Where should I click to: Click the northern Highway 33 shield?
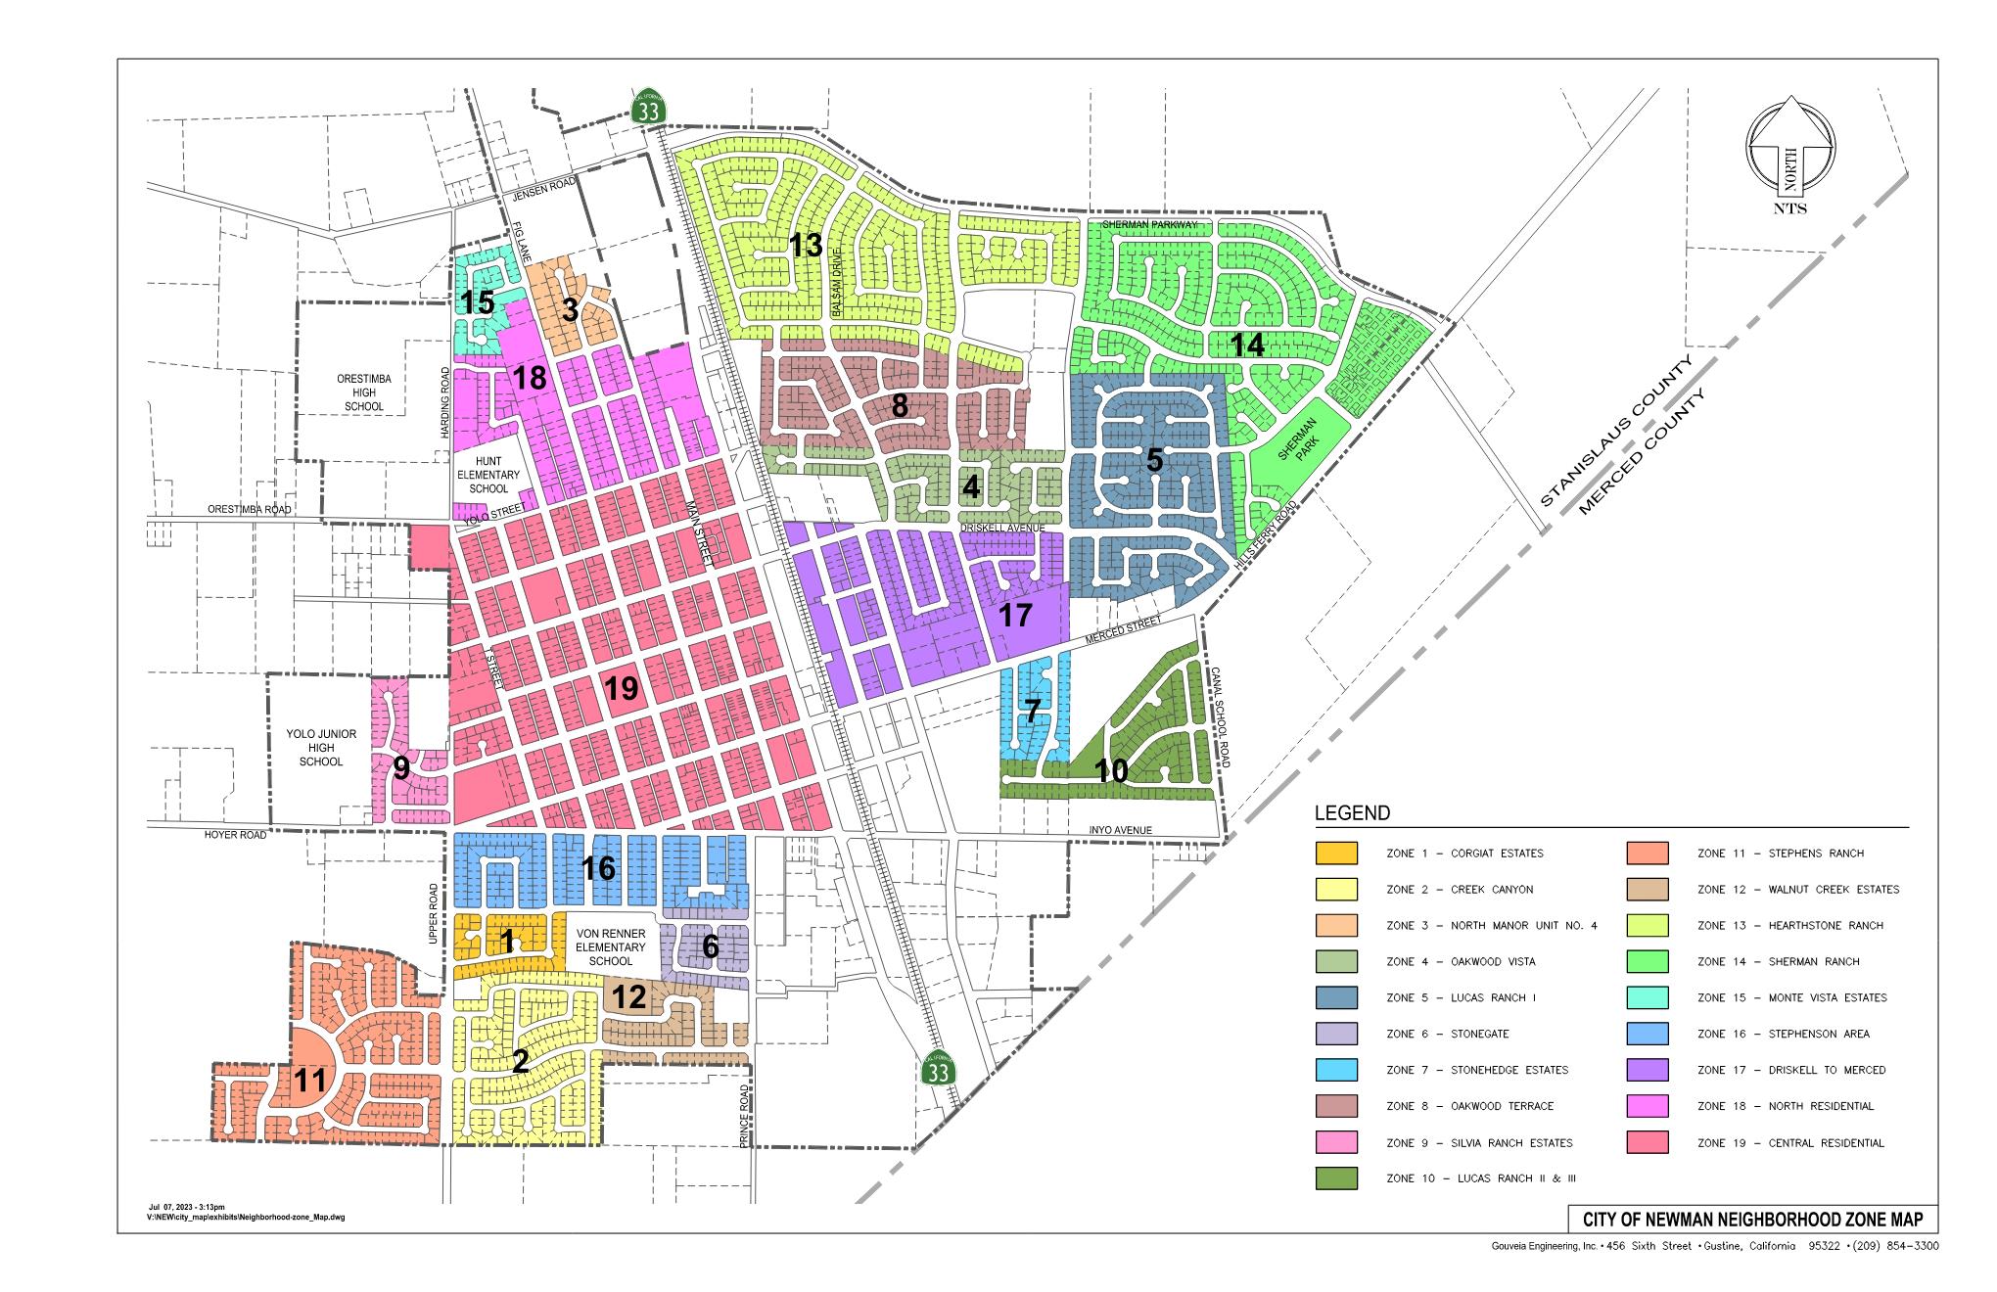[649, 107]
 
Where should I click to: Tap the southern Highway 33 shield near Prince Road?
[938, 1069]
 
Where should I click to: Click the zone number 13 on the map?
[806, 245]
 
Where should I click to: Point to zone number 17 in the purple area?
[1015, 616]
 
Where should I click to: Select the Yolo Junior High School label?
[321, 748]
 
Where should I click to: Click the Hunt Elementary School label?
[488, 475]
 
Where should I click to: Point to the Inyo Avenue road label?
[1121, 830]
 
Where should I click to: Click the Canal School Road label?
[1220, 718]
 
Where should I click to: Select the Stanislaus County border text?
[1616, 432]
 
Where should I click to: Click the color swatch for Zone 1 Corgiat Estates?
[1336, 854]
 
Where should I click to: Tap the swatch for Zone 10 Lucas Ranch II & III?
[1336, 1178]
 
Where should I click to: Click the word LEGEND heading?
[1351, 813]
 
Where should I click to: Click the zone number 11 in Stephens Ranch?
[310, 1082]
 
